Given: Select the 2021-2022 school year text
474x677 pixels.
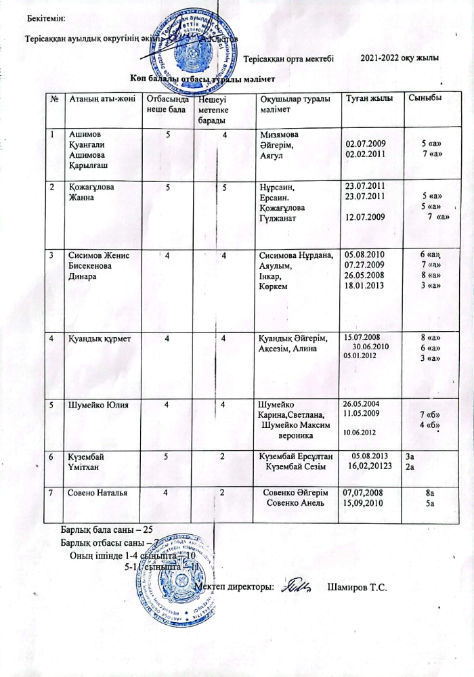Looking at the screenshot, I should [x=400, y=59].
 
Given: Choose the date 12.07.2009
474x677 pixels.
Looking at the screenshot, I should [x=366, y=217].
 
